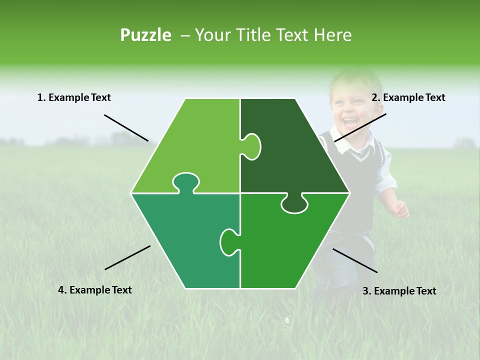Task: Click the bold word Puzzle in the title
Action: click(x=145, y=35)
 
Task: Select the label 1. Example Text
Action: click(x=74, y=97)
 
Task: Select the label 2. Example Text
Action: click(x=408, y=97)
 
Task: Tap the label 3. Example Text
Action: click(x=399, y=291)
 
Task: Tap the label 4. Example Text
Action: click(x=94, y=290)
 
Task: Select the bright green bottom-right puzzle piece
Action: click(x=290, y=245)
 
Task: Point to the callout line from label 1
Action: click(x=126, y=127)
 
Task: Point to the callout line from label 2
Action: click(x=360, y=127)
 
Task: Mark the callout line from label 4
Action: click(x=127, y=257)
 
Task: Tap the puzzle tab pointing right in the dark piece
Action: click(x=252, y=146)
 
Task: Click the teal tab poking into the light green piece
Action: click(x=185, y=182)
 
